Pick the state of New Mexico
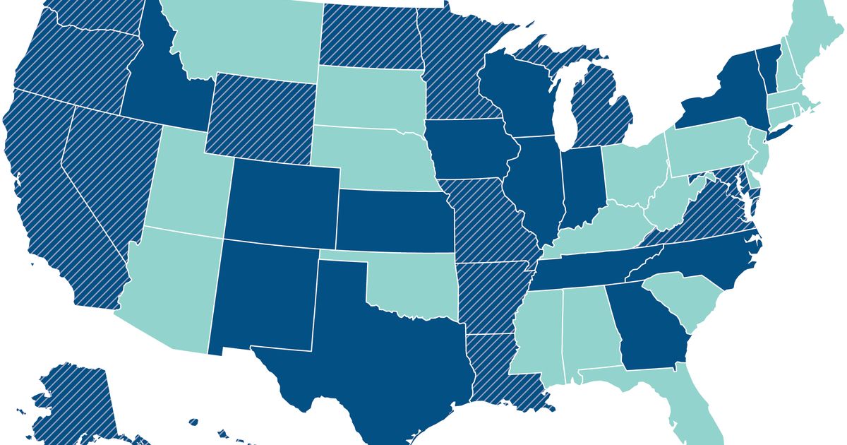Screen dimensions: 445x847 point(261,297)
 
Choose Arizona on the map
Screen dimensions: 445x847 point(166,283)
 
